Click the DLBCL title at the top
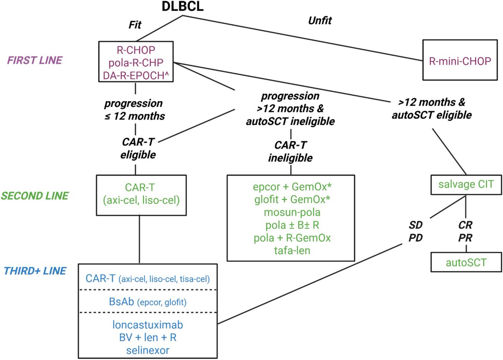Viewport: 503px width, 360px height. [183, 7]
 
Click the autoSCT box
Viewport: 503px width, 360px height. [460, 263]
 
